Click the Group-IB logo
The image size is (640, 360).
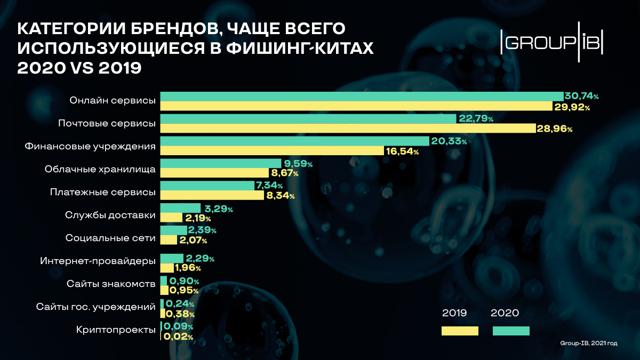coord(552,42)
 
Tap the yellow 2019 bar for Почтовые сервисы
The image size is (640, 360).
coord(347,129)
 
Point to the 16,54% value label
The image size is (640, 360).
coord(402,151)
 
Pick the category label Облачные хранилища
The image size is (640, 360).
coord(100,170)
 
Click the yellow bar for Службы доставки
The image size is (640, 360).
coord(171,218)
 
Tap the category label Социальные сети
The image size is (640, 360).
coord(110,238)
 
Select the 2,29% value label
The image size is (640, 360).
coord(200,259)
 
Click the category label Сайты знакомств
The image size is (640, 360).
coord(111,283)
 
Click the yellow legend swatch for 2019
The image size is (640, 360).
coord(460,331)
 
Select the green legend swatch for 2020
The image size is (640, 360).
coord(511,331)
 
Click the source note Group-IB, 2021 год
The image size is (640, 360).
coord(589,343)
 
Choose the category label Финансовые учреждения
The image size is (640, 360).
coord(90,146)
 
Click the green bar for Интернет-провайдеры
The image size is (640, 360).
coord(172,258)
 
